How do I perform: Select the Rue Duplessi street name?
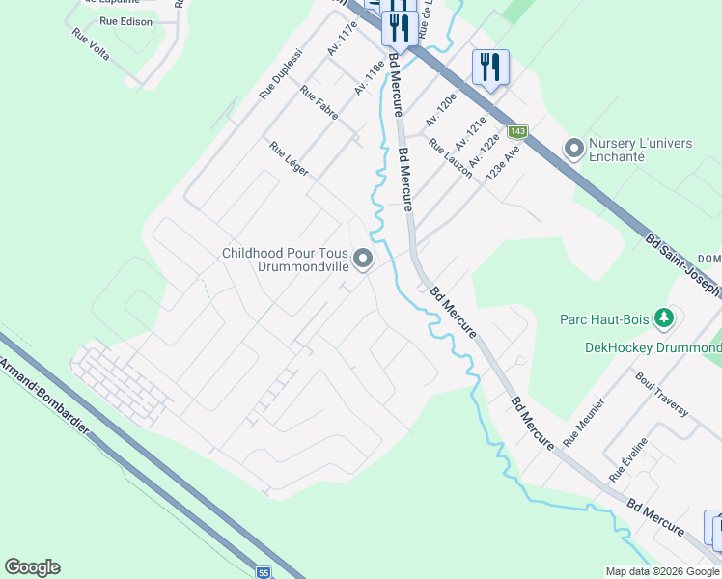pyautogui.click(x=281, y=74)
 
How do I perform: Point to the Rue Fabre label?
pyautogui.click(x=318, y=105)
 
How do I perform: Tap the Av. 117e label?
pyautogui.click(x=343, y=39)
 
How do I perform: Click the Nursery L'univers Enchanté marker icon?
pyautogui.click(x=575, y=150)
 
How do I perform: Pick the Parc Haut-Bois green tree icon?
pyautogui.click(x=663, y=317)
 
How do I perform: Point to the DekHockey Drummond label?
pyautogui.click(x=653, y=347)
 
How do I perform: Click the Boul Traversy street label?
pyautogui.click(x=662, y=394)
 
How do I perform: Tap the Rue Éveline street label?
pyautogui.click(x=628, y=459)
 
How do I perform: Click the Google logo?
pyautogui.click(x=32, y=567)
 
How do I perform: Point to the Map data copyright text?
pyautogui.click(x=661, y=571)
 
